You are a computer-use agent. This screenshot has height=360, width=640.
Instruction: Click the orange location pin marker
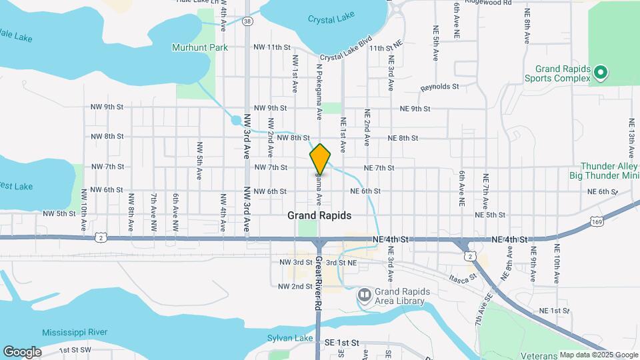320,159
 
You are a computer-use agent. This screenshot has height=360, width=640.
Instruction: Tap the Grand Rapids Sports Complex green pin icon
599,71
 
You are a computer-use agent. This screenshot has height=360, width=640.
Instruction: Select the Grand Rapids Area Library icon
364,295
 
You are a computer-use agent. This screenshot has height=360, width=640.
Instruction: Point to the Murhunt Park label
199,47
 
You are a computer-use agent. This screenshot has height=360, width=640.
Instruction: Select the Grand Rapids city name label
319,216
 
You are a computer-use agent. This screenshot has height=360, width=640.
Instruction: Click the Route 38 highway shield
248,21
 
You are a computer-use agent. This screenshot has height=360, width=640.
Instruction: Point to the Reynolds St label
440,87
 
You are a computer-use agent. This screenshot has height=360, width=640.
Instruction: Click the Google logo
21,351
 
